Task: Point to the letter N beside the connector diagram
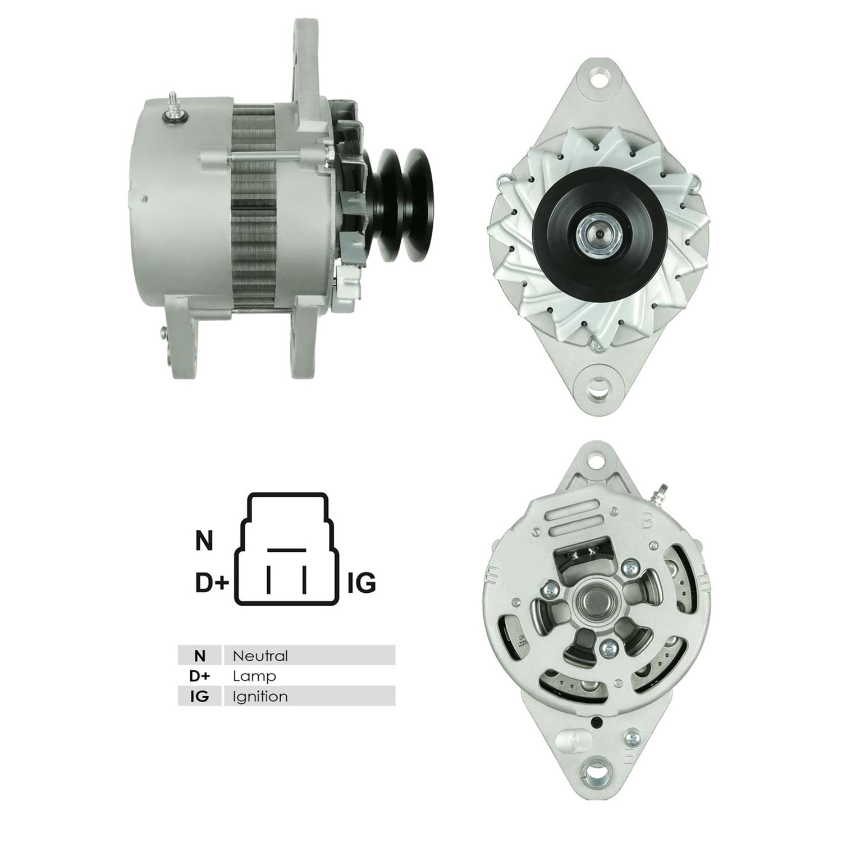[x=204, y=541]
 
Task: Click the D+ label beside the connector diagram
[x=212, y=584]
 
